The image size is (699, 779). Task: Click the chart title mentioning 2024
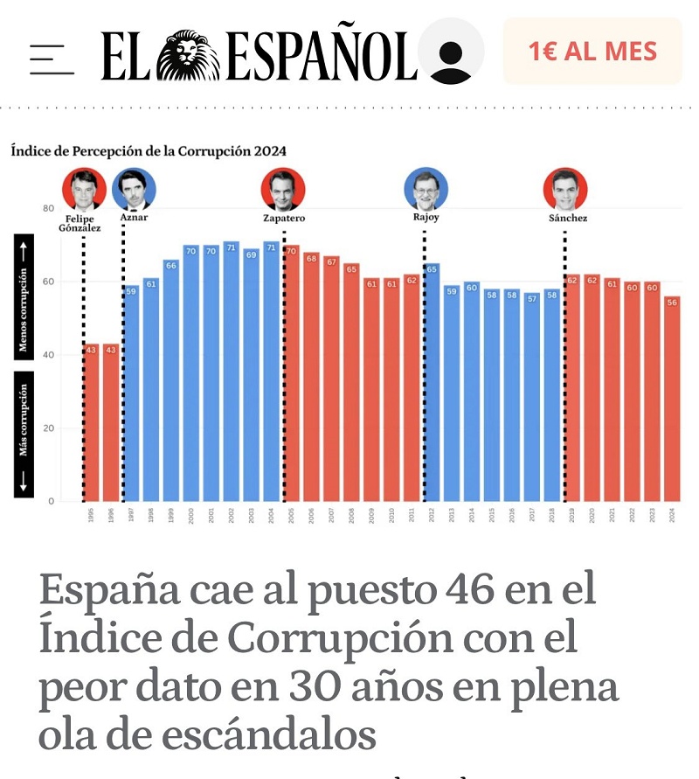[x=149, y=150]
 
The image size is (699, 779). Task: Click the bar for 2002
[x=232, y=371]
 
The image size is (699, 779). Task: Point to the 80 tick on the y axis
[x=48, y=209]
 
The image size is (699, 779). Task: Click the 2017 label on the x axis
[x=533, y=516]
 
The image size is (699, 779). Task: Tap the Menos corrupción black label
[x=24, y=296]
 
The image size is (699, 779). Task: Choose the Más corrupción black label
[x=24, y=435]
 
